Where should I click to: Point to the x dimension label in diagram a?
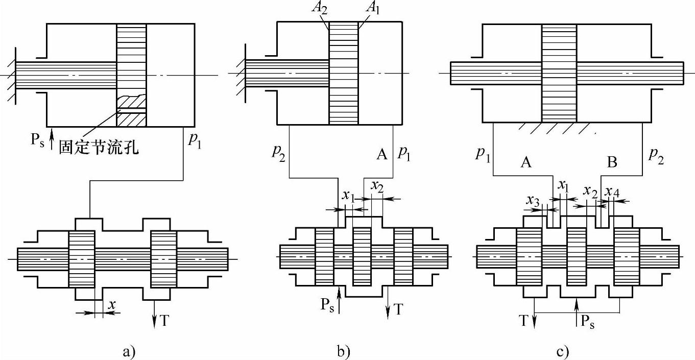tap(112, 304)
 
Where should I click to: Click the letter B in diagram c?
tap(612, 163)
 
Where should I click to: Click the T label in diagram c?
tap(524, 320)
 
